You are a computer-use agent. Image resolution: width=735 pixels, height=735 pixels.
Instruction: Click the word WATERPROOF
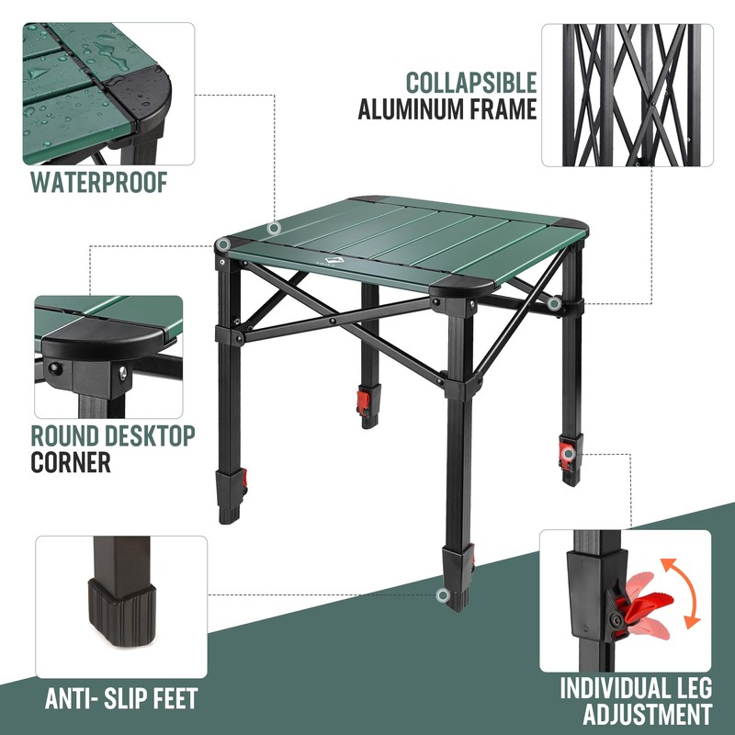click(99, 181)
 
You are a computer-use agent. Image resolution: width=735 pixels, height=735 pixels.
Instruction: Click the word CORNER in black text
click(71, 461)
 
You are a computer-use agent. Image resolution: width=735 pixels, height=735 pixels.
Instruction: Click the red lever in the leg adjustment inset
click(642, 602)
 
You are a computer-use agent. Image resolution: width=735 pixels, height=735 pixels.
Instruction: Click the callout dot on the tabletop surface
click(273, 228)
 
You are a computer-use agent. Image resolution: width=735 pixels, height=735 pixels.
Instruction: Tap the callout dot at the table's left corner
click(223, 246)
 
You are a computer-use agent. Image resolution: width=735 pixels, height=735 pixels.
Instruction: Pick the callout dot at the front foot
click(443, 595)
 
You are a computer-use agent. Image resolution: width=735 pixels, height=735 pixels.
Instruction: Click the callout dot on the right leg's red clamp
click(569, 453)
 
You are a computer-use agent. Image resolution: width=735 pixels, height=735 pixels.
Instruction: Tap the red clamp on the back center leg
click(365, 401)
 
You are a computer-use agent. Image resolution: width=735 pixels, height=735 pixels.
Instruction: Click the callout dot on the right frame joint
click(554, 302)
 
